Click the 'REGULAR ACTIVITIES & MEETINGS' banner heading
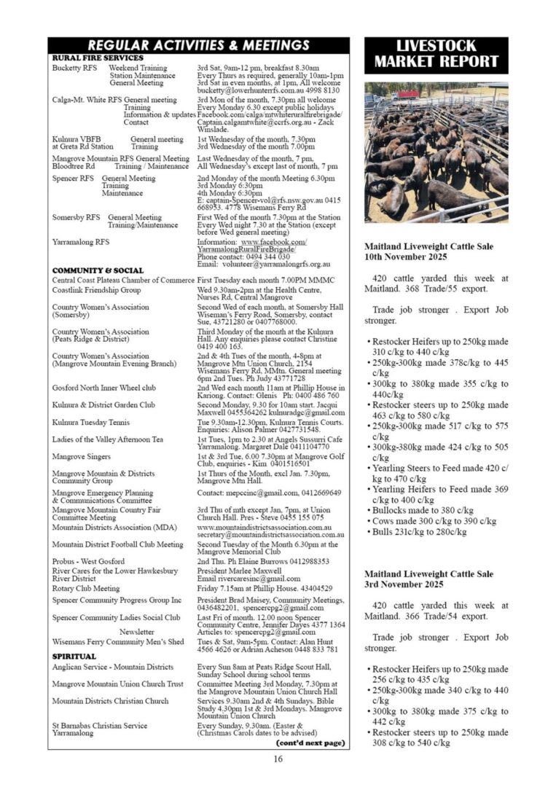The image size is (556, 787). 198,45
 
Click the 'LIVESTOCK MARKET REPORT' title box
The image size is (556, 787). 436,55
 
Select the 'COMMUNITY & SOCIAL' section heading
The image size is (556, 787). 98,270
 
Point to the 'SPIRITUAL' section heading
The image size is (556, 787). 74,657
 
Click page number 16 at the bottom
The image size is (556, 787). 278,759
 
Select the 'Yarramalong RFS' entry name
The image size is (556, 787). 81,242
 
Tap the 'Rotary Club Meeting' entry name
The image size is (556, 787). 86,588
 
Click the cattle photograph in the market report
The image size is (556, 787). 436,152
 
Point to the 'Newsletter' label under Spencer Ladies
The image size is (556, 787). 137,632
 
